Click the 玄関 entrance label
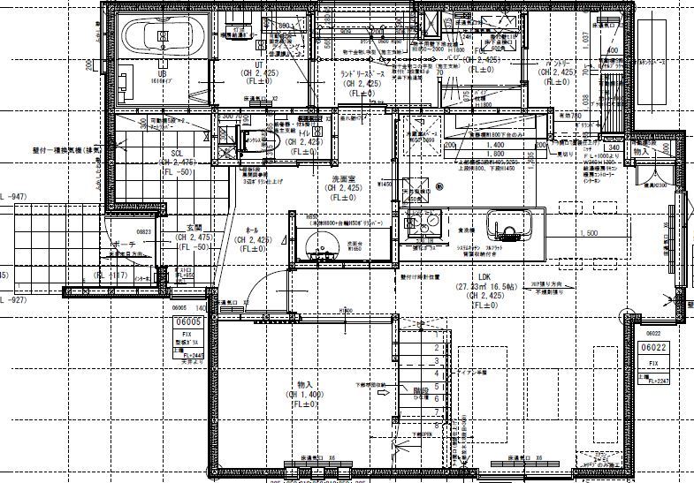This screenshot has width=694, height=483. pos(194,228)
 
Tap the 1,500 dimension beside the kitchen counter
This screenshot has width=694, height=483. pos(589,233)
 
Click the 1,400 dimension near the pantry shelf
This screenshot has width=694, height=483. pos(495,144)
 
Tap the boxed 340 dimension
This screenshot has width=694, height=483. pos(614,147)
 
